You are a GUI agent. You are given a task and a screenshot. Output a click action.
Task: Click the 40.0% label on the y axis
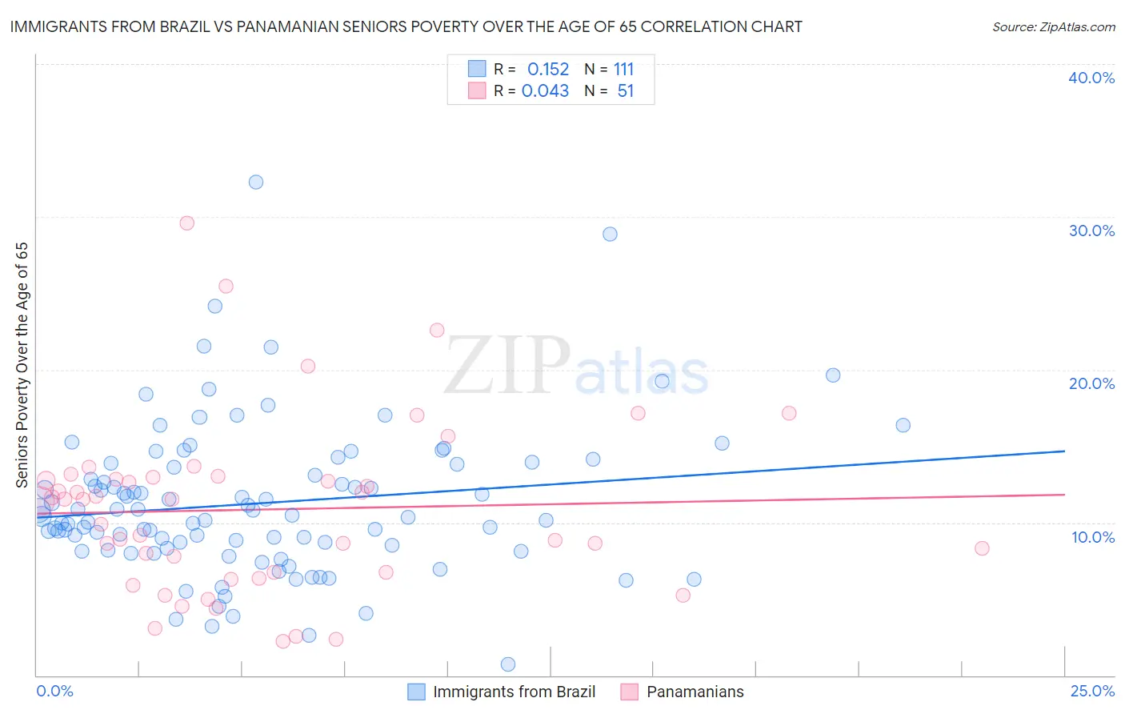(x=1091, y=78)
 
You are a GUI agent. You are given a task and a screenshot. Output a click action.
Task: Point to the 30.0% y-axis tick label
(x=1091, y=231)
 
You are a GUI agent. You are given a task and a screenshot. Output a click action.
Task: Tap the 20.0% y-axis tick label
(x=1091, y=383)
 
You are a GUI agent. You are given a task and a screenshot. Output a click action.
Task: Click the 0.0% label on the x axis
(x=54, y=691)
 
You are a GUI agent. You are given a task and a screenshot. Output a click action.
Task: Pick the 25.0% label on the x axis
(x=1091, y=691)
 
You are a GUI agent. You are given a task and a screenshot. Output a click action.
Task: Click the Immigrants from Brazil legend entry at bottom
(x=514, y=692)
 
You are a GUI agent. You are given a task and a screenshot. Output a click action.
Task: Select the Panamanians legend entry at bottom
(x=695, y=692)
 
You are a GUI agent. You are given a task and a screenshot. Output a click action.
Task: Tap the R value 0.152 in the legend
(x=548, y=70)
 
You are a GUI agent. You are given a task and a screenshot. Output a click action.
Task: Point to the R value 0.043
(x=545, y=91)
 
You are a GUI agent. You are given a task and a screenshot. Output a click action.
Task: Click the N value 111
(x=623, y=70)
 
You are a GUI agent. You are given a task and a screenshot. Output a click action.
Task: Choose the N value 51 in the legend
(x=625, y=91)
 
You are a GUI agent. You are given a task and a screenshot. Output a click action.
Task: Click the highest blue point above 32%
(x=256, y=182)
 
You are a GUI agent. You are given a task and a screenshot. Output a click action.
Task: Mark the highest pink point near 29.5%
(x=187, y=223)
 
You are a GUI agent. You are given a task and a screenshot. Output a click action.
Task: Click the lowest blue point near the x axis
(x=507, y=664)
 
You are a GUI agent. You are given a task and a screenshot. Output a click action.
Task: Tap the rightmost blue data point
(x=903, y=425)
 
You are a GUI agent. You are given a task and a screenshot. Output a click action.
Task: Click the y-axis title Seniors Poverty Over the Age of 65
(x=22, y=364)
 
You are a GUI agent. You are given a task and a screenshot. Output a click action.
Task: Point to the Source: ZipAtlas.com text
(x=1053, y=27)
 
